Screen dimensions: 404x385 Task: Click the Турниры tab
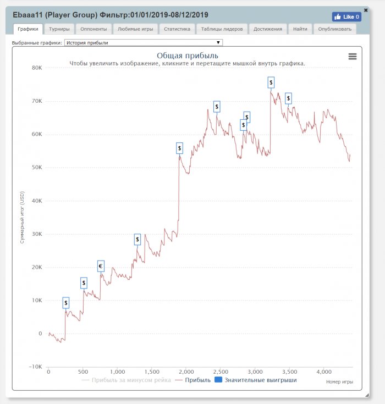[x=58, y=29]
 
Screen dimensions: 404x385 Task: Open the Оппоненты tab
[x=94, y=29]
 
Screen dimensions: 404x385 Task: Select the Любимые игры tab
[x=135, y=29]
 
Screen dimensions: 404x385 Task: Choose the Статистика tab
[x=177, y=29]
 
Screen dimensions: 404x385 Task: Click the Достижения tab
[x=268, y=29]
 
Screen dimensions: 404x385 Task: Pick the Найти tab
[x=300, y=29]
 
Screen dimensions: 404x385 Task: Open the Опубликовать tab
[x=335, y=29]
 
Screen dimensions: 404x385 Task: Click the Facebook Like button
[x=346, y=17]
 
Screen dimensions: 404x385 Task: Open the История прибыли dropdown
[x=143, y=42]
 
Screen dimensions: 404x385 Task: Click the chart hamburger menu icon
[x=353, y=56]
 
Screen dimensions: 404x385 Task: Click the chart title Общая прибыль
[x=188, y=56]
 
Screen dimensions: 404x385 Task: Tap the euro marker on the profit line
[x=101, y=267]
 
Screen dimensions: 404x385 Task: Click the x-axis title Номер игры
[x=339, y=381]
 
